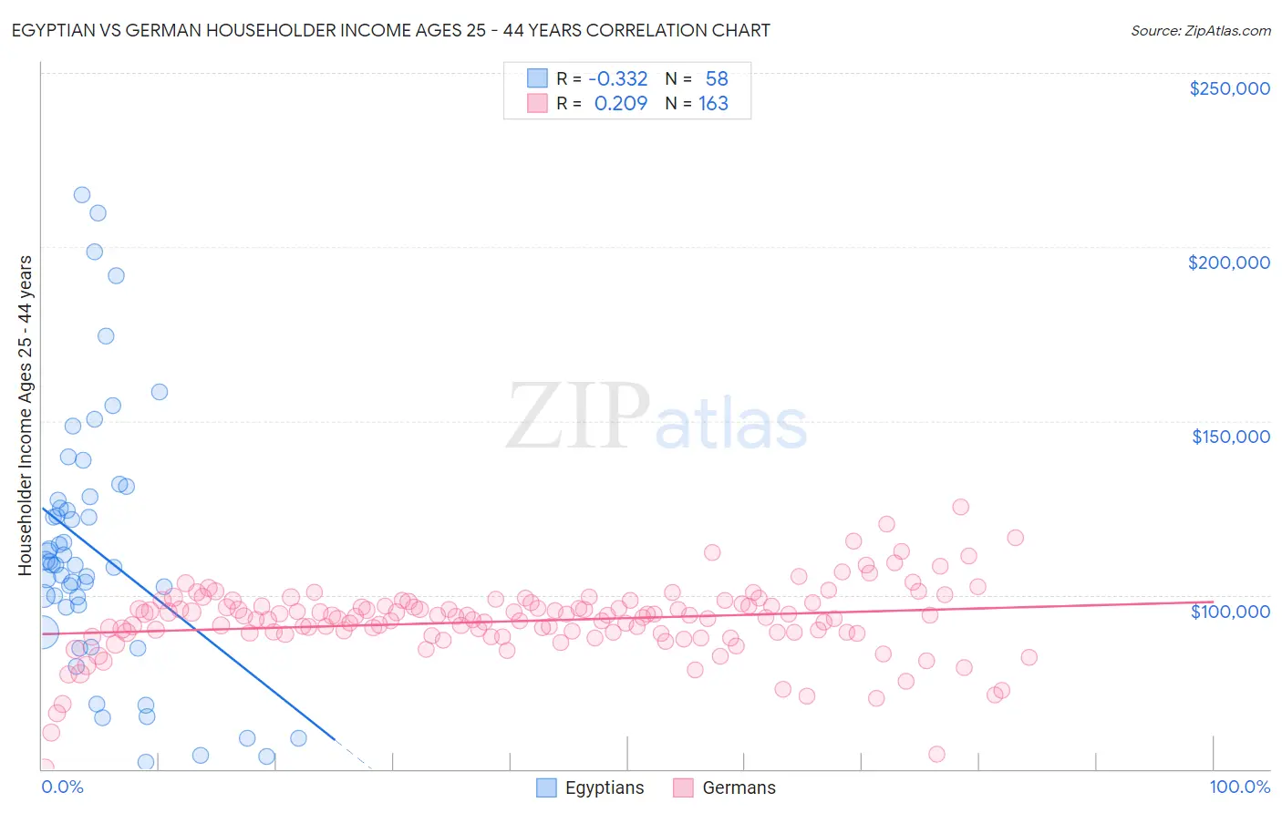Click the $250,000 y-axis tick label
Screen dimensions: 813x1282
click(x=1229, y=88)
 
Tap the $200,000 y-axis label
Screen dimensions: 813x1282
click(x=1228, y=262)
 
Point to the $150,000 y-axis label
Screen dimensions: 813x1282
click(x=1230, y=437)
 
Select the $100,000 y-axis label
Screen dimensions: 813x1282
click(x=1230, y=612)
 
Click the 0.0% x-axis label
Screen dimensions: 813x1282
click(x=62, y=787)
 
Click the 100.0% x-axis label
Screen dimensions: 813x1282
click(x=1239, y=787)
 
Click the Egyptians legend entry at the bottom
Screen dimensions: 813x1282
click(x=604, y=788)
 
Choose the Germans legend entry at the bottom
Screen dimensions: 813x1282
click(x=739, y=788)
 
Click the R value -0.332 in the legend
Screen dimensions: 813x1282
click(x=617, y=79)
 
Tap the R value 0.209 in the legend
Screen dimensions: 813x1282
click(x=620, y=104)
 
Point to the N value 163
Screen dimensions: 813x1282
click(x=713, y=104)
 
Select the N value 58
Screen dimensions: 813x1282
click(x=717, y=79)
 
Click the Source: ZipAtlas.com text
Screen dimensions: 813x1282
click(x=1200, y=31)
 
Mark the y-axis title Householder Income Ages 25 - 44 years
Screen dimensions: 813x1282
click(x=26, y=416)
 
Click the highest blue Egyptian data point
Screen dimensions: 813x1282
click(x=82, y=195)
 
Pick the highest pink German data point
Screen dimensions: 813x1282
click(x=960, y=507)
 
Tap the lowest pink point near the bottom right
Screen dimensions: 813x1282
click(x=936, y=754)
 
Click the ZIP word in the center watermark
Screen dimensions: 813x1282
click(x=577, y=417)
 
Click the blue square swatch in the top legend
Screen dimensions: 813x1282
click(x=538, y=78)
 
